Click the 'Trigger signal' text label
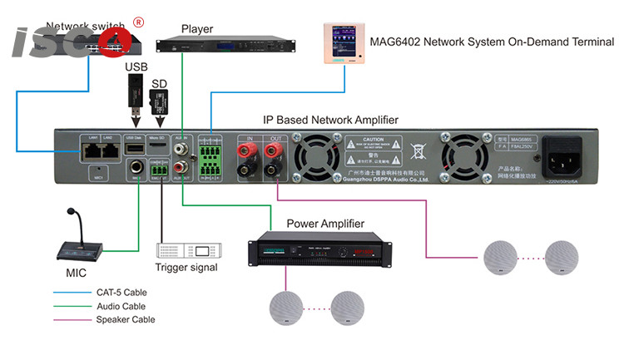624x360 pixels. [x=186, y=268]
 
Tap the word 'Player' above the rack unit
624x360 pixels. [x=198, y=29]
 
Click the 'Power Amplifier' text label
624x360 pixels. [x=320, y=224]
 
